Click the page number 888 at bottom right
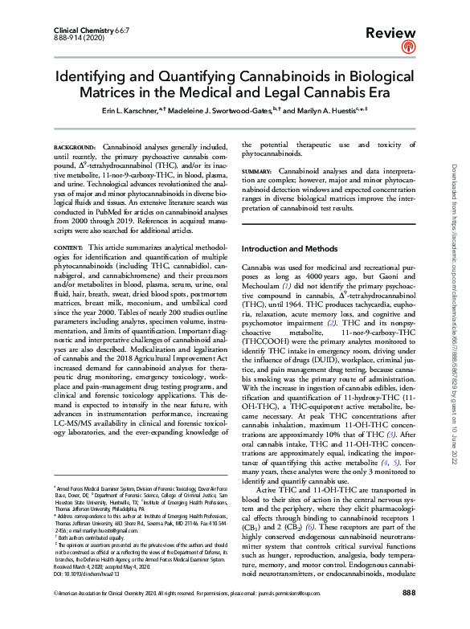coord(408,615)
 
